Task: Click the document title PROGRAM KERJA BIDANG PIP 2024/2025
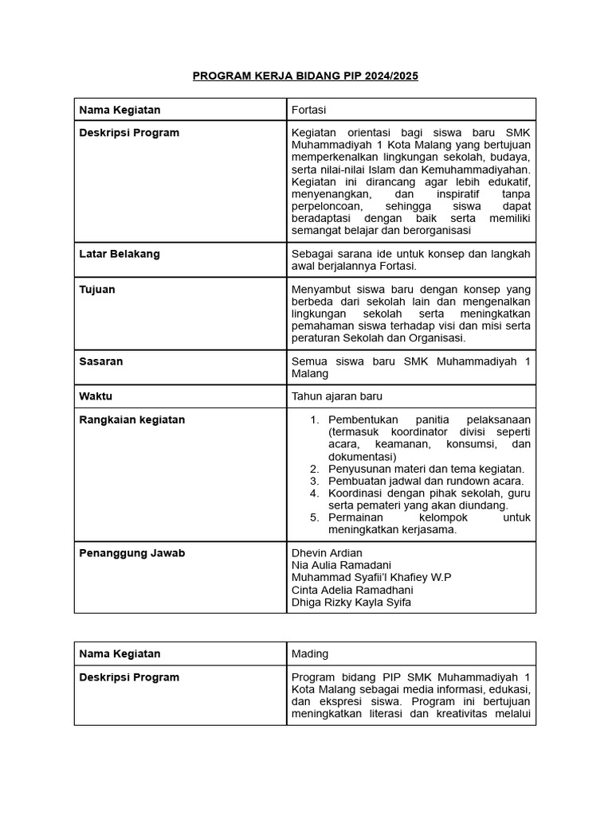305,76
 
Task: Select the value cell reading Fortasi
309,110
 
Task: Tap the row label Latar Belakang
120,254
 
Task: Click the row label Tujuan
97,290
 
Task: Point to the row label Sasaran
100,361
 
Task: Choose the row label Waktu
96,396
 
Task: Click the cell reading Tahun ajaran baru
342,396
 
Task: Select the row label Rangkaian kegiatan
132,419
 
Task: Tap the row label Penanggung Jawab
132,552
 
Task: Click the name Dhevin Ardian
327,552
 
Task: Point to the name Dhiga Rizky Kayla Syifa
351,602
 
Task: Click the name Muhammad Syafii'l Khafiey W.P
371,577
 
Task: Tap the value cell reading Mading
310,653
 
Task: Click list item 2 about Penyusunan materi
426,469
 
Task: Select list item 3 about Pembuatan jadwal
426,481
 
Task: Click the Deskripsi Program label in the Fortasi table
129,133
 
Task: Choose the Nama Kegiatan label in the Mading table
120,653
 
